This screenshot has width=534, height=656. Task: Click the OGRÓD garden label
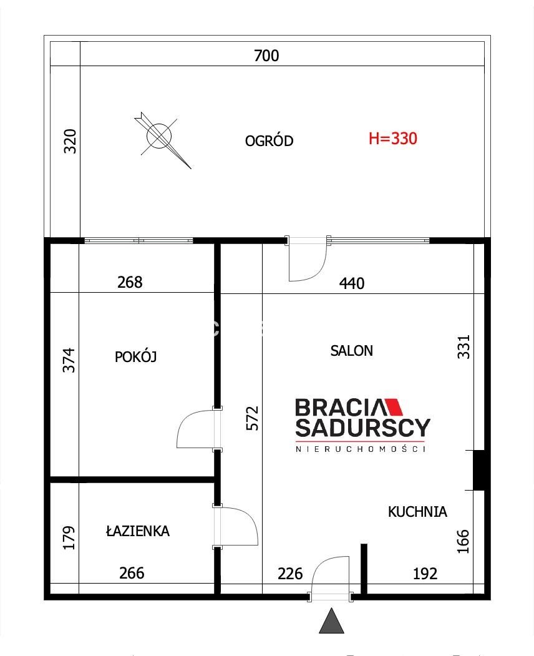coord(269,140)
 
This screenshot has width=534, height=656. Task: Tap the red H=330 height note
coord(392,139)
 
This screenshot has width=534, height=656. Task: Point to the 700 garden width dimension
coord(266,56)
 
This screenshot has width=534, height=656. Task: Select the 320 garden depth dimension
coord(70,142)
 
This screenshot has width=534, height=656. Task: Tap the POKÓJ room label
coord(135,357)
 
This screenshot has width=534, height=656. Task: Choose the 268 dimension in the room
coord(130,282)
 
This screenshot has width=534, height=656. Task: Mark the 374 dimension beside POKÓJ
coord(69,360)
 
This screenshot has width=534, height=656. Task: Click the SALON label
coord(351,351)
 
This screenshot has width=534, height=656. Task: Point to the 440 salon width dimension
coord(352,283)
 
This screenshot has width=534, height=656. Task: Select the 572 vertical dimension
coord(252,418)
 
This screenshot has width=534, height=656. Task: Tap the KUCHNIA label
coord(417,512)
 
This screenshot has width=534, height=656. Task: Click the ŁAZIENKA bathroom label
coord(138,531)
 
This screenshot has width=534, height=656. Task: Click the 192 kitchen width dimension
coord(425,574)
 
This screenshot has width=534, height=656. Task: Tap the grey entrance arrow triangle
coord(332,620)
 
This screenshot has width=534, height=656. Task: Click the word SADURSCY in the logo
coord(363,427)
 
